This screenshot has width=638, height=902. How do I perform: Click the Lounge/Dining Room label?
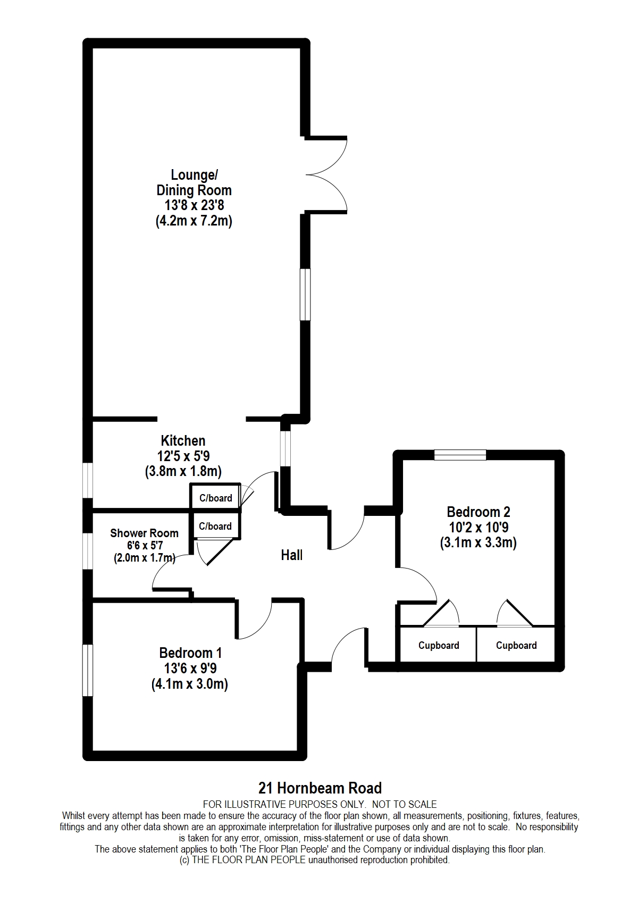(194, 182)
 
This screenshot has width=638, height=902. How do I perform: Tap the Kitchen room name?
(183, 440)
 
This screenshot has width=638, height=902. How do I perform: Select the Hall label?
(292, 555)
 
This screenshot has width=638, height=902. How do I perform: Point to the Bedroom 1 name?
(190, 653)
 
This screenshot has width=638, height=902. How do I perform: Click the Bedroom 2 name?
(478, 512)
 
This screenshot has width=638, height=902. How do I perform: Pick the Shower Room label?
(144, 533)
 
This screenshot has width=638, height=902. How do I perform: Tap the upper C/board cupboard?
(215, 496)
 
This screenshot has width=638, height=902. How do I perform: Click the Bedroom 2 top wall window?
(460, 455)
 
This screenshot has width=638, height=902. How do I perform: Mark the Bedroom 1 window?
(88, 670)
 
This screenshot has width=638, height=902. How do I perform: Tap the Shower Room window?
(88, 551)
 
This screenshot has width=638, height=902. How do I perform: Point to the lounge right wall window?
(306, 294)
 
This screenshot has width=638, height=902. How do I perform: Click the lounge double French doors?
(326, 174)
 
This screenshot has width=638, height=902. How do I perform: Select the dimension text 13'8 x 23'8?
(194, 205)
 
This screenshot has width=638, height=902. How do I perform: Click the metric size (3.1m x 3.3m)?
(478, 543)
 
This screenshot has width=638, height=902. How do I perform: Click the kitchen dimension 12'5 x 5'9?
(183, 456)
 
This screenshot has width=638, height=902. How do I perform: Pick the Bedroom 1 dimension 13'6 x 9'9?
(190, 669)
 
